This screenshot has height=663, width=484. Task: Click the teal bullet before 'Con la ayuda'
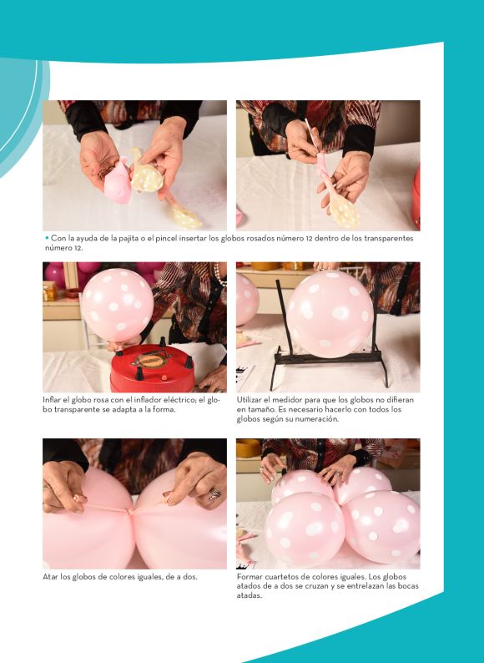pos(47,238)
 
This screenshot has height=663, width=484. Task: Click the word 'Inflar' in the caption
pos(51,400)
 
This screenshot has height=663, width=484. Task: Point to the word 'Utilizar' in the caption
pos(249,400)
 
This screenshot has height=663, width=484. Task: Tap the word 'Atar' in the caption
pos(49,577)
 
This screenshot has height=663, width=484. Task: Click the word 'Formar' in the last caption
pos(250,577)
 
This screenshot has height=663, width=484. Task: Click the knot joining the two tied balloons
pos(130,512)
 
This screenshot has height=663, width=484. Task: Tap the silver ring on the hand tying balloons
pos(214,493)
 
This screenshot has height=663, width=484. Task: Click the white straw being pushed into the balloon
pos(311,134)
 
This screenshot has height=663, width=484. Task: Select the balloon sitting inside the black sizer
pos(330,314)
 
